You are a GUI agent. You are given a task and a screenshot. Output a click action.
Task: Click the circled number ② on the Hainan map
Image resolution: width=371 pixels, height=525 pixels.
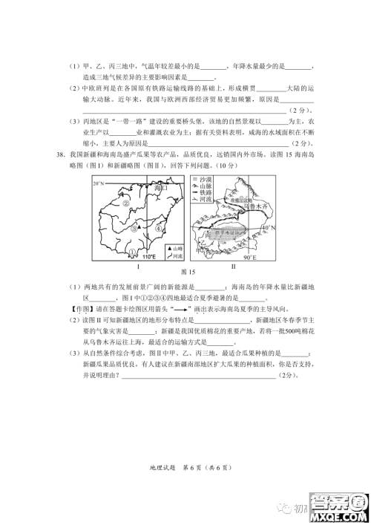point(126,203)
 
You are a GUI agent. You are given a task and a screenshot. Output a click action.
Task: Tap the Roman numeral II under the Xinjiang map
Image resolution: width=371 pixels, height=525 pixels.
point(233,265)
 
